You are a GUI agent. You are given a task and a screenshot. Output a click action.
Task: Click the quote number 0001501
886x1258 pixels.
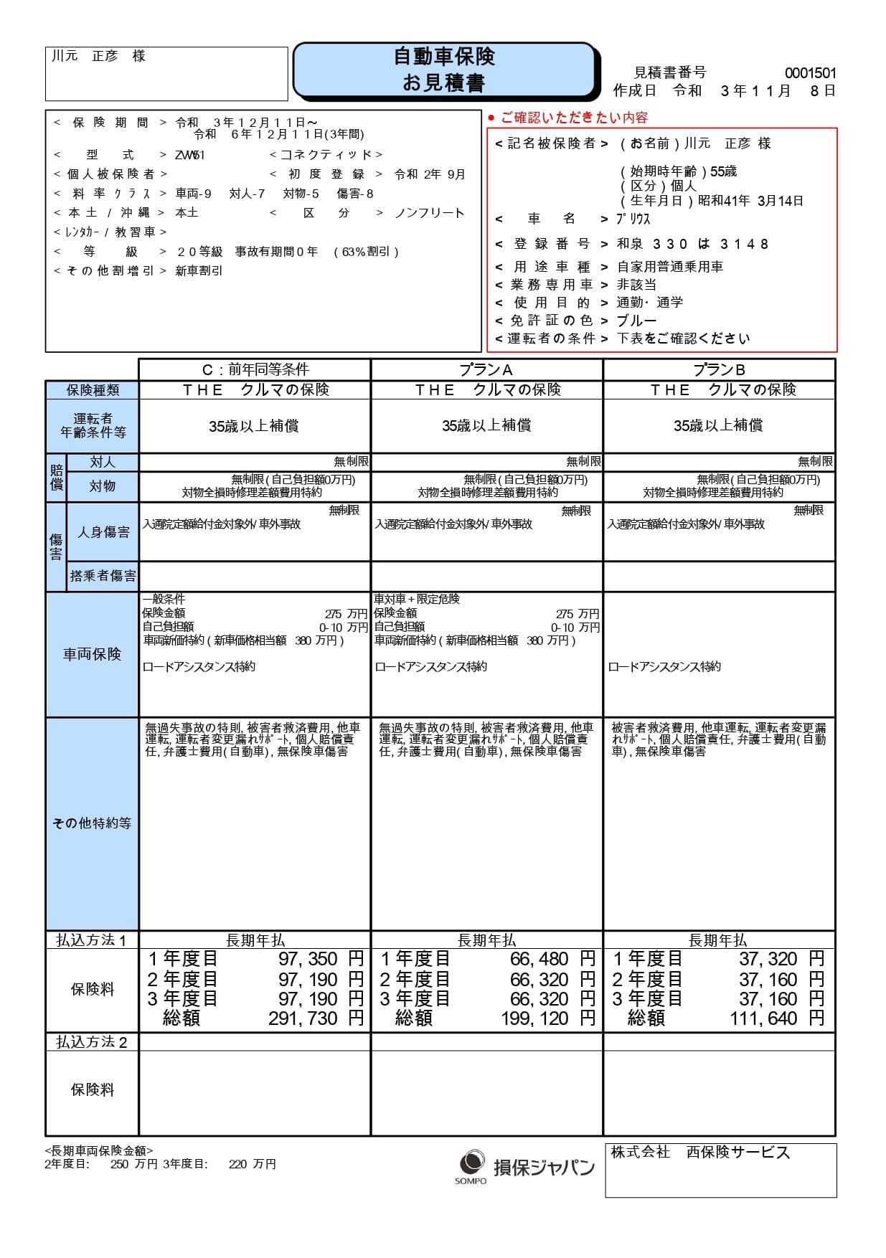click(810, 72)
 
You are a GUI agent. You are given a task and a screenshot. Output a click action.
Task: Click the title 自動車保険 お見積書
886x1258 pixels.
click(444, 70)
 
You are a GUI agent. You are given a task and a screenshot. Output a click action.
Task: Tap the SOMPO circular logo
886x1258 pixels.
click(471, 1161)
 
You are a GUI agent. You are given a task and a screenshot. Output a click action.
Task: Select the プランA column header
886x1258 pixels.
click(486, 369)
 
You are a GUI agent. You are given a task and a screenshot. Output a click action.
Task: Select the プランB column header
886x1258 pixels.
click(719, 369)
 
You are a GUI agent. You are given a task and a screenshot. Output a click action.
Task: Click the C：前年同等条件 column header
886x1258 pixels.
click(255, 369)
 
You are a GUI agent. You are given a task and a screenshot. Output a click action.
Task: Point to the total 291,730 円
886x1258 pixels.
click(316, 1018)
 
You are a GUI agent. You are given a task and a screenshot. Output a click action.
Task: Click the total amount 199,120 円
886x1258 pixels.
click(548, 1018)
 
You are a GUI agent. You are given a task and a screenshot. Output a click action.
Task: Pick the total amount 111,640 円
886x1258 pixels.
click(777, 1018)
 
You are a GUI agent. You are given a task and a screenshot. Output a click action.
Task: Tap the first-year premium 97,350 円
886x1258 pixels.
click(321, 959)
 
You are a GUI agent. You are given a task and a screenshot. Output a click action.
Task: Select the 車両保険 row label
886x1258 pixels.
click(92, 654)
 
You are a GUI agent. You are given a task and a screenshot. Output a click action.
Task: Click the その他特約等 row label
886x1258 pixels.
click(92, 823)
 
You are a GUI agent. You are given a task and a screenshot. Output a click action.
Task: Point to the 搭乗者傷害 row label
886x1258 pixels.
click(103, 575)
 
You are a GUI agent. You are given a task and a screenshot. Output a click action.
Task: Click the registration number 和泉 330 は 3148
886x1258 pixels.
click(692, 244)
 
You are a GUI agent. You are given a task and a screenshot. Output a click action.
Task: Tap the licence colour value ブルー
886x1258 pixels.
click(636, 321)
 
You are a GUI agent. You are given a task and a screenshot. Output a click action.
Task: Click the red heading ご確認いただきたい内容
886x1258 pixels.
click(573, 118)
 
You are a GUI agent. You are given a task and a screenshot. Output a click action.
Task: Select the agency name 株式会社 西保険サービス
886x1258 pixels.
click(700, 1153)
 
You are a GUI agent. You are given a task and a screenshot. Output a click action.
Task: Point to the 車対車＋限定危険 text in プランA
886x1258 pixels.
click(417, 599)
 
